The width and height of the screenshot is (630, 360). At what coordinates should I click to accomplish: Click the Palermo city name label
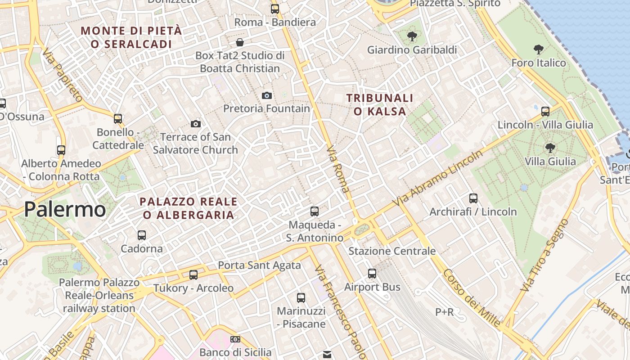65,210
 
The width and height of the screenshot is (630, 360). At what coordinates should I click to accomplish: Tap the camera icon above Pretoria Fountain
267,95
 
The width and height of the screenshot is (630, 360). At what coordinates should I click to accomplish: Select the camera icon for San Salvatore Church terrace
196,124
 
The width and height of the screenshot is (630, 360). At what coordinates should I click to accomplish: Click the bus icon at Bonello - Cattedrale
118,119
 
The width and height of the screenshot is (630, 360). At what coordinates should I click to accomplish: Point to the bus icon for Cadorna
142,235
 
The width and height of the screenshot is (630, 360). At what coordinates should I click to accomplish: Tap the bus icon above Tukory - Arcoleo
193,274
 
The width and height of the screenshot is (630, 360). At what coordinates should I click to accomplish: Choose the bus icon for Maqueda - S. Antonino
315,211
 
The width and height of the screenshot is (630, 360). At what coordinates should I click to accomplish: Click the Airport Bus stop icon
372,273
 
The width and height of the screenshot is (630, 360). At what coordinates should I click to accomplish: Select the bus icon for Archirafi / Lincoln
473,198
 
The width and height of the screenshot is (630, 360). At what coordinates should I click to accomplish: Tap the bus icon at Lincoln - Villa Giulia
545,111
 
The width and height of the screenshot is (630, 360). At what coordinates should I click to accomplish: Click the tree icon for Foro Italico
538,49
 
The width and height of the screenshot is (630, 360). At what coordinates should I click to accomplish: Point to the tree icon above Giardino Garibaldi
412,36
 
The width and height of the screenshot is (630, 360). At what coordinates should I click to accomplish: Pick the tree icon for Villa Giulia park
550,148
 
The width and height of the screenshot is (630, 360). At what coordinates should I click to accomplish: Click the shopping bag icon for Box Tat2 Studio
240,42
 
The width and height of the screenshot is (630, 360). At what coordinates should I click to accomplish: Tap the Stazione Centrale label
392,251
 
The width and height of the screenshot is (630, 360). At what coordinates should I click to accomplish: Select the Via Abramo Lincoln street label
437,179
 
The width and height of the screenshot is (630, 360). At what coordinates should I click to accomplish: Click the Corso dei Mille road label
471,297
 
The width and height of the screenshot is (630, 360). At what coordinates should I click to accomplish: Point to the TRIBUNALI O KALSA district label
380,104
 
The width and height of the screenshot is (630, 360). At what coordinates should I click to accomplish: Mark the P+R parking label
445,312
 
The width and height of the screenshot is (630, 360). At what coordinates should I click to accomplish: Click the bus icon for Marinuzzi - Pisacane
301,297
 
